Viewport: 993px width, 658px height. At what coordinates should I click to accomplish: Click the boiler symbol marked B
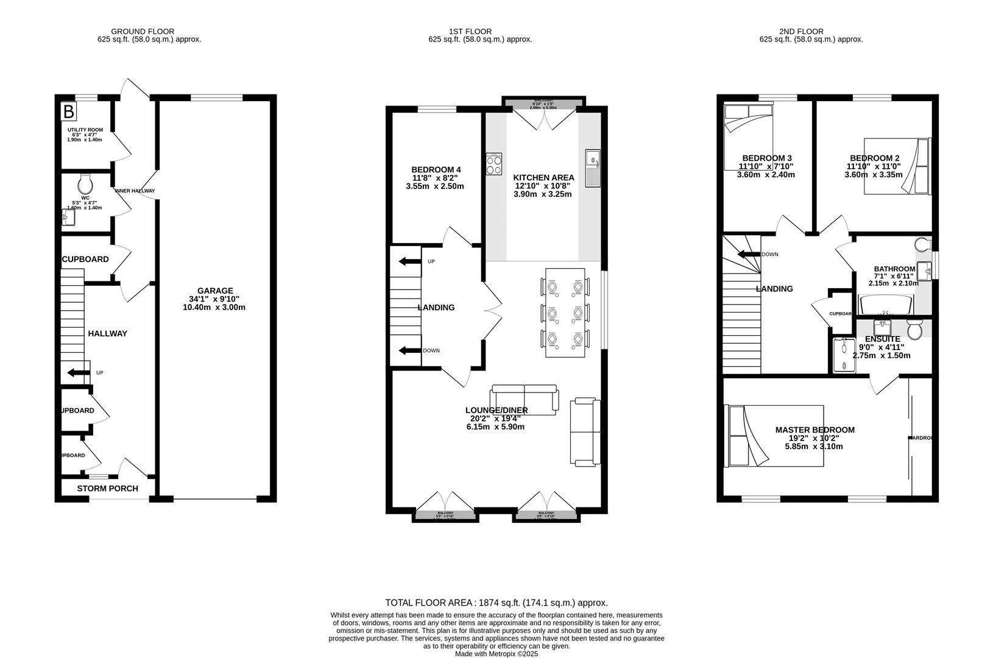pos(69,111)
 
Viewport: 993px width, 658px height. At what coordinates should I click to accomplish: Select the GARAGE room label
pos(214,291)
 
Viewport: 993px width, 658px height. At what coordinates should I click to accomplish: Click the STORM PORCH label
pos(107,489)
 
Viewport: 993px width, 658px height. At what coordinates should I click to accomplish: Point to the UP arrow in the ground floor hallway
pos(77,372)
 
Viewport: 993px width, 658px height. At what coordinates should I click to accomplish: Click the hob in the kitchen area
pos(494,164)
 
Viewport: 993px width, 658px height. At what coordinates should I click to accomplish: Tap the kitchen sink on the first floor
pos(592,168)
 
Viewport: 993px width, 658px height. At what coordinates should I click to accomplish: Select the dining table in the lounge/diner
pos(565,313)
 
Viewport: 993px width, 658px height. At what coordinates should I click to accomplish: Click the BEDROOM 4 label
pos(436,169)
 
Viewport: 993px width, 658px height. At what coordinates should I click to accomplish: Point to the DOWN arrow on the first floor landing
pos(409,350)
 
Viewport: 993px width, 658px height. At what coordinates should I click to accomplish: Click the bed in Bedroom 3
pos(747,135)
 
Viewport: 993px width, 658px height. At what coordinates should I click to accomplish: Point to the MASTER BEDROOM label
pos(815,430)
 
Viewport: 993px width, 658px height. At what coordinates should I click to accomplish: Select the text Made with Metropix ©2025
pos(497,654)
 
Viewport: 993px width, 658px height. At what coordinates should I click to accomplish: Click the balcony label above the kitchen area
pos(543,101)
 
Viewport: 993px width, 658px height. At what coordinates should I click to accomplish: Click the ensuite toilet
pos(914,330)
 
